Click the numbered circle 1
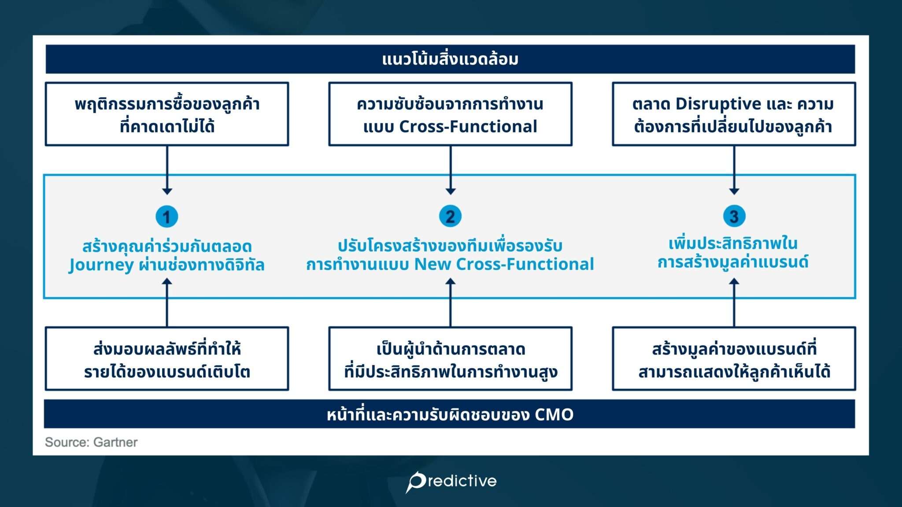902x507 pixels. pyautogui.click(x=166, y=217)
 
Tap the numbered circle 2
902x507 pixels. pyautogui.click(x=450, y=216)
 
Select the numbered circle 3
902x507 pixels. pyautogui.click(x=734, y=216)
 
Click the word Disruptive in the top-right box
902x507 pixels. pyautogui.click(x=718, y=104)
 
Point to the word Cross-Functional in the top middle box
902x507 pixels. pyautogui.click(x=468, y=127)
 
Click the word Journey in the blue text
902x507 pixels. pyautogui.click(x=101, y=265)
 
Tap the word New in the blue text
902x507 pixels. pyautogui.click(x=433, y=264)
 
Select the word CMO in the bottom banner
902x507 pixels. pyautogui.click(x=554, y=415)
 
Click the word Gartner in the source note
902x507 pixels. pyautogui.click(x=115, y=442)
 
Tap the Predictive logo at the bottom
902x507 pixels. pyautogui.click(x=451, y=481)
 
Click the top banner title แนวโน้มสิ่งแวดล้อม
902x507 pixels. pyautogui.click(x=450, y=59)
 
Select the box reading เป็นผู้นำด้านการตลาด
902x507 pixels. pyautogui.click(x=450, y=359)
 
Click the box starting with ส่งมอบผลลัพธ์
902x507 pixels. pyautogui.click(x=167, y=359)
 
